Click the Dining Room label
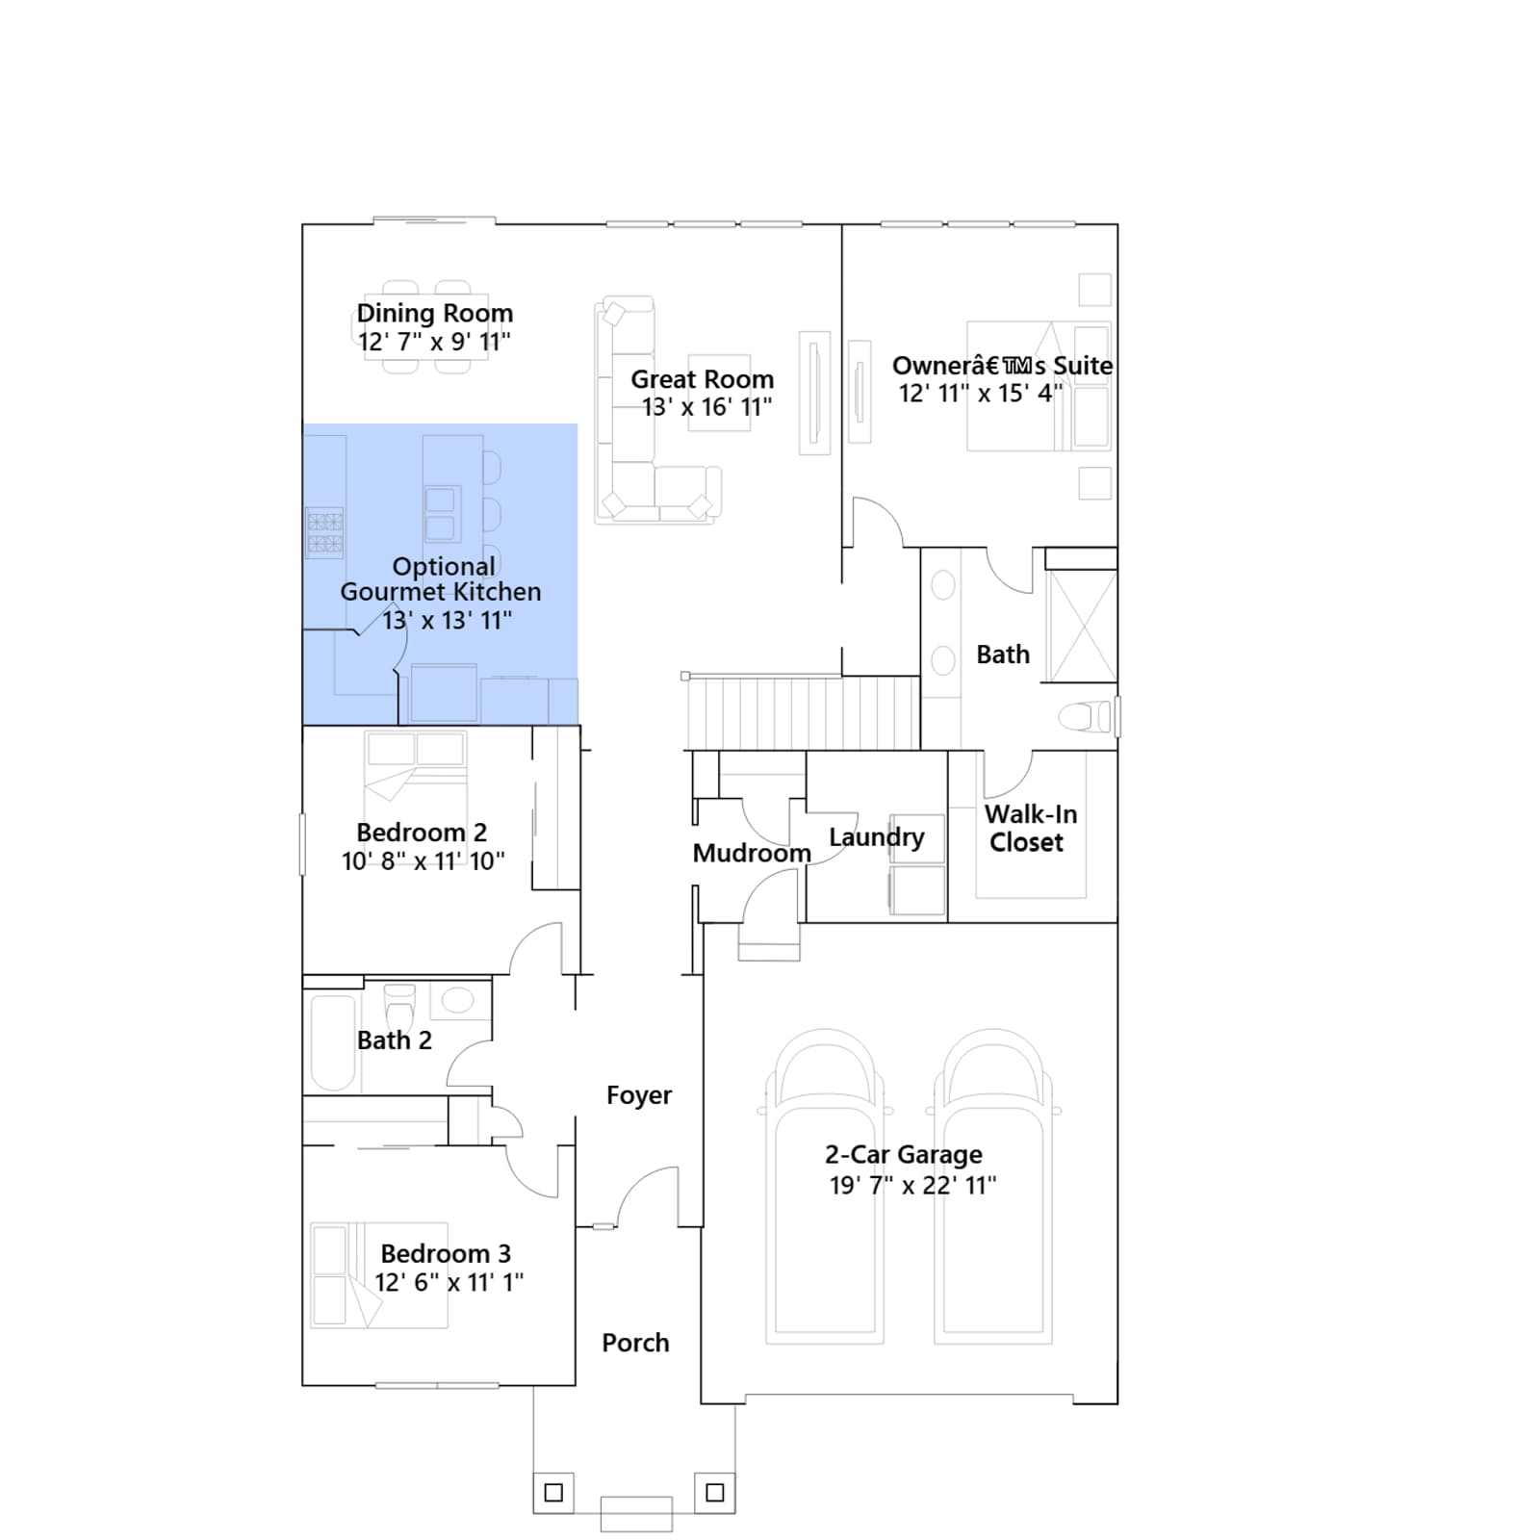pyautogui.click(x=435, y=313)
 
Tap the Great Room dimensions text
pyautogui.click(x=707, y=407)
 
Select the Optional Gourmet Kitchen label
pyautogui.click(x=441, y=578)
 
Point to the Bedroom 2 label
pyautogui.click(x=422, y=833)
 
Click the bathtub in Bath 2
pyautogui.click(x=333, y=1042)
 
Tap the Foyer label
pyautogui.click(x=639, y=1095)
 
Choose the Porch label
pyautogui.click(x=635, y=1343)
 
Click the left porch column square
pyautogui.click(x=553, y=1493)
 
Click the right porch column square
pyautogui.click(x=715, y=1493)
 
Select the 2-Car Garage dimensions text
pyautogui.click(x=912, y=1186)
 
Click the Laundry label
pyautogui.click(x=876, y=837)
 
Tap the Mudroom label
pyautogui.click(x=752, y=854)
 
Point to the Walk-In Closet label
pyautogui.click(x=1029, y=828)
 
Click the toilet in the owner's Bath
pyautogui.click(x=1085, y=716)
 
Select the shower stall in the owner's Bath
pyautogui.click(x=1082, y=627)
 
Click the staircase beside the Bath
pyautogui.click(x=803, y=712)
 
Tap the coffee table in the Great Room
pyautogui.click(x=719, y=393)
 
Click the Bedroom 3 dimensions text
pyautogui.click(x=449, y=1283)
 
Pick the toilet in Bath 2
pyautogui.click(x=398, y=1008)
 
